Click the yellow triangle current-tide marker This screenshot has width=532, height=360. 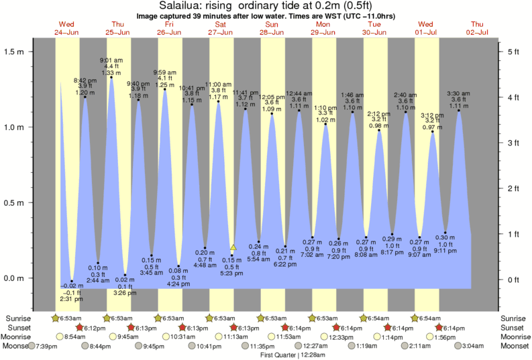[233, 247]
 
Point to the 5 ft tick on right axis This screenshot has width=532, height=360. [513, 52]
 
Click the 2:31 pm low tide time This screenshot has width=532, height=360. [71, 300]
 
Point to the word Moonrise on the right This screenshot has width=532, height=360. [515, 337]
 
